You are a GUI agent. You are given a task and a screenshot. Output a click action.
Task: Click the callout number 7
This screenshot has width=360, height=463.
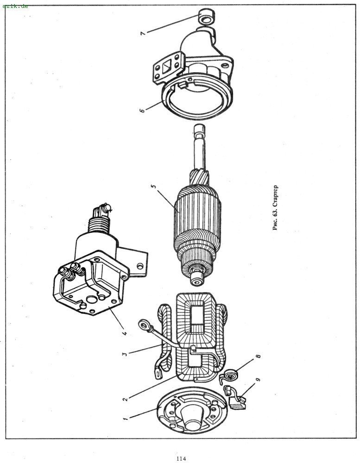pyautogui.click(x=143, y=33)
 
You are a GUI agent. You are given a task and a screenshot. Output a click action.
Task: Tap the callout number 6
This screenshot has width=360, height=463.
pyautogui.click(x=142, y=111)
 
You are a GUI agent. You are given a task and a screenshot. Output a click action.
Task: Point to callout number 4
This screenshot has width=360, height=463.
pyautogui.click(x=125, y=333)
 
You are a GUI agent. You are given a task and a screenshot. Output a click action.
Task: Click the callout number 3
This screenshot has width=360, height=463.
pyautogui.click(x=125, y=353)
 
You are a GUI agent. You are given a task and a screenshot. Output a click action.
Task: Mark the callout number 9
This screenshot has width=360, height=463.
pyautogui.click(x=259, y=379)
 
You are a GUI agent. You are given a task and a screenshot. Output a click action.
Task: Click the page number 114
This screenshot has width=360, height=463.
pyautogui.click(x=181, y=458)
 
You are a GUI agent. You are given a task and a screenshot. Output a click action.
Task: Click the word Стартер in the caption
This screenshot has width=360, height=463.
pyautogui.click(x=275, y=196)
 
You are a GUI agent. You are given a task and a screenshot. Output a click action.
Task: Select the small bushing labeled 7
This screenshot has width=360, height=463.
pyautogui.click(x=206, y=16)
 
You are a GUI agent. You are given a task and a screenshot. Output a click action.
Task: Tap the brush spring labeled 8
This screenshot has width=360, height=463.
pyautogui.click(x=230, y=376)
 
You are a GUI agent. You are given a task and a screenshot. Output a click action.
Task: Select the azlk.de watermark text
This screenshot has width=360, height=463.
pyautogui.click(x=15, y=6)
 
